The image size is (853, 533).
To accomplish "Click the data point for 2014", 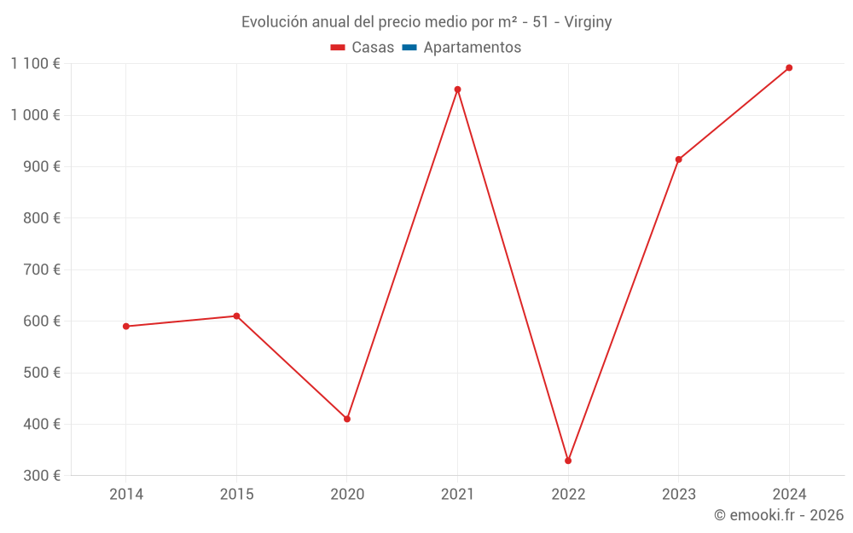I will (x=126, y=327).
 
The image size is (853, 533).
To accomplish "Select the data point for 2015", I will (x=236, y=316).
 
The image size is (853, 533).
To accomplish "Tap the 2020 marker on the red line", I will (x=347, y=419).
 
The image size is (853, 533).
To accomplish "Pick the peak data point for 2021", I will (x=457, y=90).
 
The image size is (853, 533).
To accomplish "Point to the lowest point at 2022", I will (x=568, y=461).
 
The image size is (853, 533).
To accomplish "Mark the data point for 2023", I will (x=679, y=159).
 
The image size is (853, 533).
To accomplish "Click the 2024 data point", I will (x=789, y=67).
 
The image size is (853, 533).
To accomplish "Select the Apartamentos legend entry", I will (x=472, y=48).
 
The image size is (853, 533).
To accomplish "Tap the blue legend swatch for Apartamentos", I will (x=409, y=48).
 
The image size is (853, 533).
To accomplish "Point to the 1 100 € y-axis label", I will (x=35, y=64).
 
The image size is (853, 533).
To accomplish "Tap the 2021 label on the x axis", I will (x=457, y=495).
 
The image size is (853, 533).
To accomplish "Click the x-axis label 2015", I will (x=236, y=495).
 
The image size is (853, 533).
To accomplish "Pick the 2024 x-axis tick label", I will (x=789, y=495).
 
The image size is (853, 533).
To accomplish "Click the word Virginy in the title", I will (x=588, y=22).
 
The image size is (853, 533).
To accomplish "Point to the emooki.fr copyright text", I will (x=779, y=515).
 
